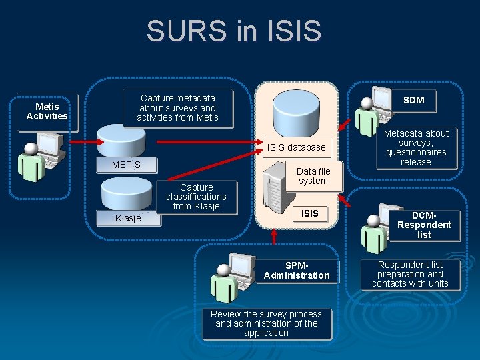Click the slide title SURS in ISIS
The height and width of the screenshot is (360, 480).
(x=234, y=31)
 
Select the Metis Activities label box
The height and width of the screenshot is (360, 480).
(x=47, y=111)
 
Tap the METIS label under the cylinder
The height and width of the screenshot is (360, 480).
(x=126, y=165)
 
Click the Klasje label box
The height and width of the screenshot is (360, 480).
(x=128, y=218)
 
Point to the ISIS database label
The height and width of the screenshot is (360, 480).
(x=296, y=147)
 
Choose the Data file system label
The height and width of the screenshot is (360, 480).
(x=313, y=176)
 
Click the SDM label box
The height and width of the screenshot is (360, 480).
(x=413, y=100)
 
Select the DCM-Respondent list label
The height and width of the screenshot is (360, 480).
(x=424, y=225)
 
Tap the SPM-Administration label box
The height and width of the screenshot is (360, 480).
(x=297, y=270)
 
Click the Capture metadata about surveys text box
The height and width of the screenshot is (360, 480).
(x=177, y=108)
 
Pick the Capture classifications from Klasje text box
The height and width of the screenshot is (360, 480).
(x=196, y=197)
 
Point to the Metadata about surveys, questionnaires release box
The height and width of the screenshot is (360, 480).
(x=416, y=147)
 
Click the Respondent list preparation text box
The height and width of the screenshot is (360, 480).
(x=410, y=274)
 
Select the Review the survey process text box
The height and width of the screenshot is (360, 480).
(x=266, y=323)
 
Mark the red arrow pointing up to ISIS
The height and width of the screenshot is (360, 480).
(x=274, y=236)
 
